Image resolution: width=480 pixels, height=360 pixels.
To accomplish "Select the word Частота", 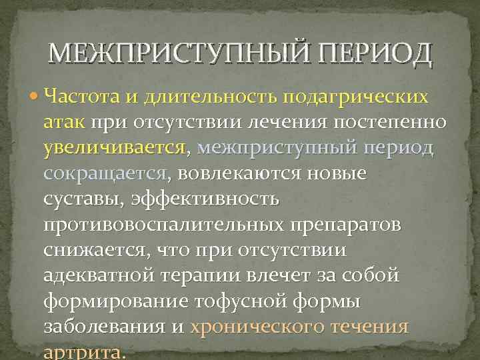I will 82,97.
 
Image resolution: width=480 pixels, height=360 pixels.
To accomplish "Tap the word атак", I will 64,123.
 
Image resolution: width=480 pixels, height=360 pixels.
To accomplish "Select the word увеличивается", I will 114,148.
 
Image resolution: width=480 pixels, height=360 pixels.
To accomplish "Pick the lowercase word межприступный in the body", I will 279,148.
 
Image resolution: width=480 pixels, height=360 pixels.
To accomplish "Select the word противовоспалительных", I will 164,225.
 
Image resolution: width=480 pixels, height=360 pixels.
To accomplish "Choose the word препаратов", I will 347,225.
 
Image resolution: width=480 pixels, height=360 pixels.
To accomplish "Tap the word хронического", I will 257,327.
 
